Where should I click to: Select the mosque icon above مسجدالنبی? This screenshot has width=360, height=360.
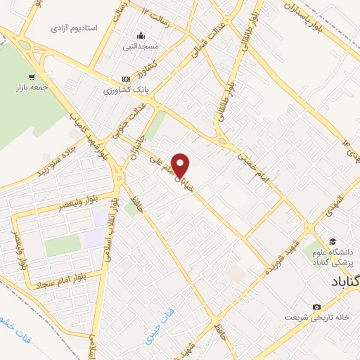pyautogui.click(x=141, y=36)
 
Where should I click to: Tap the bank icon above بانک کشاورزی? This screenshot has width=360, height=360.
pyautogui.click(x=126, y=79)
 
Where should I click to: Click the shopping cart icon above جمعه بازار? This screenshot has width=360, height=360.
pyautogui.click(x=31, y=77)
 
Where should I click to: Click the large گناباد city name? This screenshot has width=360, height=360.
pyautogui.click(x=345, y=282)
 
